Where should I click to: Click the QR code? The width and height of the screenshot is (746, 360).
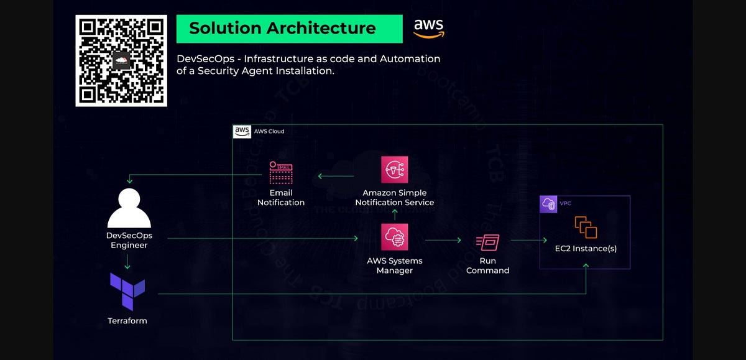[121, 61]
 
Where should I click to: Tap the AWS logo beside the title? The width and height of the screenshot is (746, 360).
[428, 28]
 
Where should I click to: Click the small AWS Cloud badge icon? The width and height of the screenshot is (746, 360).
[242, 131]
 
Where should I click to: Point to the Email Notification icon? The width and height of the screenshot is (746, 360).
[281, 172]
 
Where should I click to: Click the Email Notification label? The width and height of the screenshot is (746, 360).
[281, 198]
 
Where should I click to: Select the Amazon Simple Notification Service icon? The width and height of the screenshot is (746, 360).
[394, 170]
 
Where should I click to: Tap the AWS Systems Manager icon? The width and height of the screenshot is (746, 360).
[394, 238]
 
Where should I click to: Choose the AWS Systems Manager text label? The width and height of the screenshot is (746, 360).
[394, 265]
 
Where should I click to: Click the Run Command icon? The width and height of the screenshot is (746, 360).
[487, 241]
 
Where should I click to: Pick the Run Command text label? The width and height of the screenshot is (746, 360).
[487, 265]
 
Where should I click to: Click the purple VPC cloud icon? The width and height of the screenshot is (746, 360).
[548, 205]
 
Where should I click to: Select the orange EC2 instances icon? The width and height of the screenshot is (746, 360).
[586, 227]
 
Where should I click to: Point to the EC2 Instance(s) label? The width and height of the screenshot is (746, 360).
[586, 249]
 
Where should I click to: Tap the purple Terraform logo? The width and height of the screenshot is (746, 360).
[127, 291]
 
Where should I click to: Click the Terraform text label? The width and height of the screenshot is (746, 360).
[127, 321]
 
